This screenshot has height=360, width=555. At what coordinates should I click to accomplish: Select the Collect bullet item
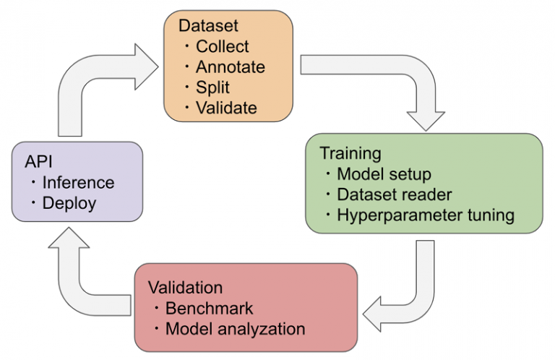click(222, 46)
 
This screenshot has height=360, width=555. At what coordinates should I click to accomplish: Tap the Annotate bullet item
click(230, 67)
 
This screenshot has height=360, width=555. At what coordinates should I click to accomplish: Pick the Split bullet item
click(212, 87)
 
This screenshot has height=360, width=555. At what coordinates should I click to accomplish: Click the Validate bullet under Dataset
click(226, 108)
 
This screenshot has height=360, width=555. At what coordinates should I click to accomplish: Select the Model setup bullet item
click(383, 174)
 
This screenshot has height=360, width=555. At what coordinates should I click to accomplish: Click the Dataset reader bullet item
click(394, 194)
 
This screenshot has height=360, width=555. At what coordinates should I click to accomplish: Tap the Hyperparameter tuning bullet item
click(426, 215)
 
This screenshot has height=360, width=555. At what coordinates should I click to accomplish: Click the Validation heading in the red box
click(185, 287)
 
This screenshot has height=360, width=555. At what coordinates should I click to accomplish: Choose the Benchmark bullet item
click(210, 308)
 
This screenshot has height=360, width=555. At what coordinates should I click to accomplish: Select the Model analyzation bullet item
click(235, 328)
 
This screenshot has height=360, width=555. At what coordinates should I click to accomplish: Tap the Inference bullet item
click(78, 183)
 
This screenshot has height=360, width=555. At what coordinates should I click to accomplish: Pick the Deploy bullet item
click(69, 203)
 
